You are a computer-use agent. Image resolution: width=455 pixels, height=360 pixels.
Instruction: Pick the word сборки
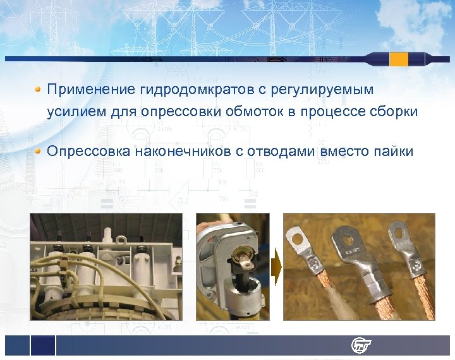[x=394, y=112]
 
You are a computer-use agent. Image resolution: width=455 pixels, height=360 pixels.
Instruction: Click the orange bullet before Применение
[x=39, y=89]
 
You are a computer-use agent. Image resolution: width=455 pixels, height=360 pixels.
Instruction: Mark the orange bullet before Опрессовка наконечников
[x=39, y=151]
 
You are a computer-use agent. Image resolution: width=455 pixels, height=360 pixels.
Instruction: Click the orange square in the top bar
[x=399, y=59]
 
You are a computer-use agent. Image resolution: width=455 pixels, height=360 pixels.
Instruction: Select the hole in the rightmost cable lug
[x=401, y=236]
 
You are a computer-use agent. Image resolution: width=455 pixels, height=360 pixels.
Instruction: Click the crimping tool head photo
[x=233, y=266]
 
